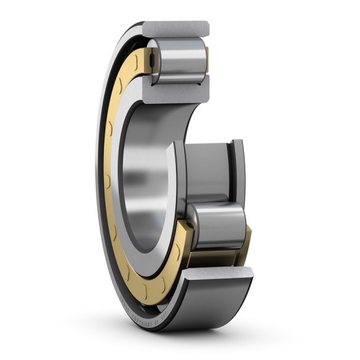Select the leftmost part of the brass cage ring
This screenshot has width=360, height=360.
click(x=109, y=170)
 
